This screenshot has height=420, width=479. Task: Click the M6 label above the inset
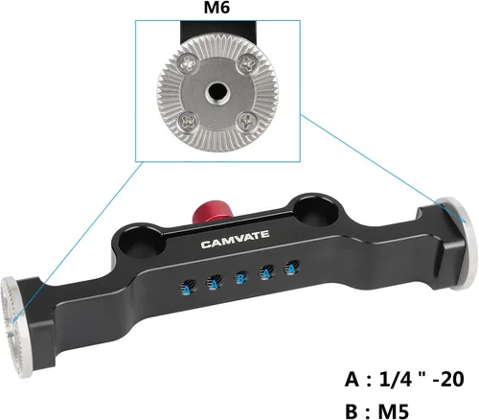point(217,8)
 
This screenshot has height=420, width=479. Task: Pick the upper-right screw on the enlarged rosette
point(248,63)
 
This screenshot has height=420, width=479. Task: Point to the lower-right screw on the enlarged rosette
point(247,122)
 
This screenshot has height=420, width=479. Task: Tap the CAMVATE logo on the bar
point(235,240)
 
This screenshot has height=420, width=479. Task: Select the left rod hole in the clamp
point(143,244)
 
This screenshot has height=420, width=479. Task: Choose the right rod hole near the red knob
point(316,212)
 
